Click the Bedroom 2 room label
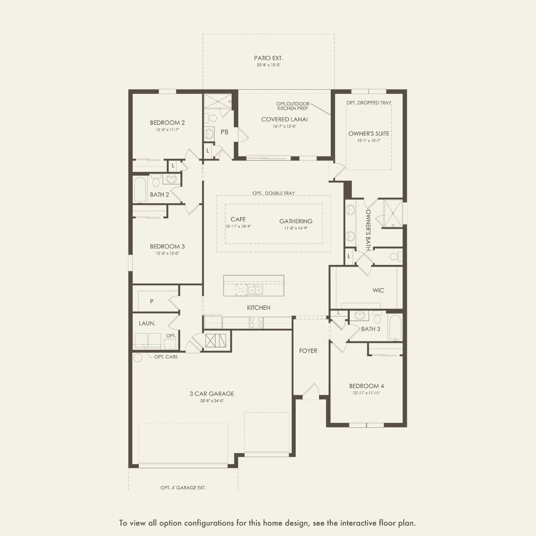(x=167, y=123)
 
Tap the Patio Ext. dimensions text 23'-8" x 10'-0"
(x=268, y=65)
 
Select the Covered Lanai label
(x=284, y=119)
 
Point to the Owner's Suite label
(x=369, y=134)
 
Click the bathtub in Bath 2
(x=140, y=190)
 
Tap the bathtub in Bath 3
(x=395, y=327)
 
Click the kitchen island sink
(x=255, y=290)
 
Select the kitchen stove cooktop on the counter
(x=256, y=322)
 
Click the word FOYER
(x=308, y=351)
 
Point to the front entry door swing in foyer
(x=310, y=391)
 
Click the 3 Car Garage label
(x=212, y=394)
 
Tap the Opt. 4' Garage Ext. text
(x=183, y=488)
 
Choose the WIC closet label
(x=378, y=290)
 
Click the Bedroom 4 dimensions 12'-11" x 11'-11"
(x=367, y=393)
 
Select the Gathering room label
(x=296, y=221)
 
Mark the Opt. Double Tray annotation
(x=274, y=193)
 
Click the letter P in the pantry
(x=152, y=301)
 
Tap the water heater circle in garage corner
(x=138, y=357)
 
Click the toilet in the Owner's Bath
(x=394, y=257)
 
